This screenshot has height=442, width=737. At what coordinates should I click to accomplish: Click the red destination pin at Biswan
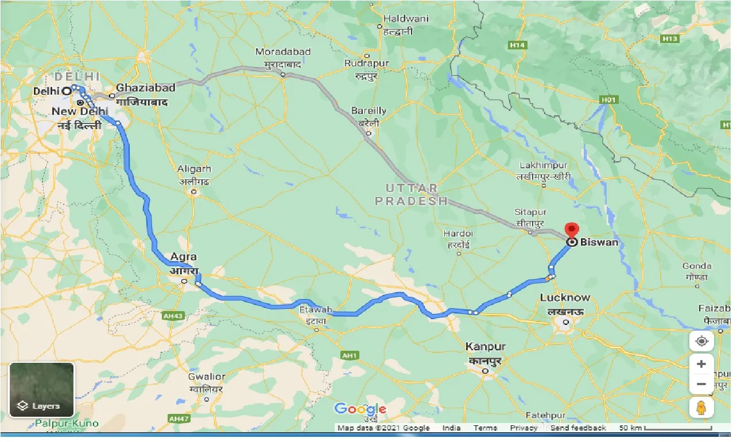point(572,230)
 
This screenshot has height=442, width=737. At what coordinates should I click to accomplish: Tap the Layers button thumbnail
point(42,389)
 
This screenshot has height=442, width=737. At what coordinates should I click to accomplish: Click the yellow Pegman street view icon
point(701,408)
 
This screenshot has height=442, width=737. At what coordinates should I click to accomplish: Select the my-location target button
point(701,342)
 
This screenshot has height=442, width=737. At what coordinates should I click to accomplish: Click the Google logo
point(360,409)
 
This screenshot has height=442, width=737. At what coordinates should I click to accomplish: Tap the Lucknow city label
point(565,298)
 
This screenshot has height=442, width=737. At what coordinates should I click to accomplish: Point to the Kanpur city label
point(486,347)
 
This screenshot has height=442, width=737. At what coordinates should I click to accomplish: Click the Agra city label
point(184,257)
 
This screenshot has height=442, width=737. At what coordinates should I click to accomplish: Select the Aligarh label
point(194,169)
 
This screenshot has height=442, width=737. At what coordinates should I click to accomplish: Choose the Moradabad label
point(283,52)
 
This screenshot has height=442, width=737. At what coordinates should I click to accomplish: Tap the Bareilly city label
point(368,110)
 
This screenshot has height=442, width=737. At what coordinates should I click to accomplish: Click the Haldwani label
point(406,18)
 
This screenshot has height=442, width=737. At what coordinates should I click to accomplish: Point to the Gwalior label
point(207,377)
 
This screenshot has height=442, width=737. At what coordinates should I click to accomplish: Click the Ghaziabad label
point(145,88)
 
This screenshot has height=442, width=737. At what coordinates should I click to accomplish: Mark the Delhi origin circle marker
point(67,91)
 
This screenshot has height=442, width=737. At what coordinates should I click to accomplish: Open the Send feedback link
point(578,428)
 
